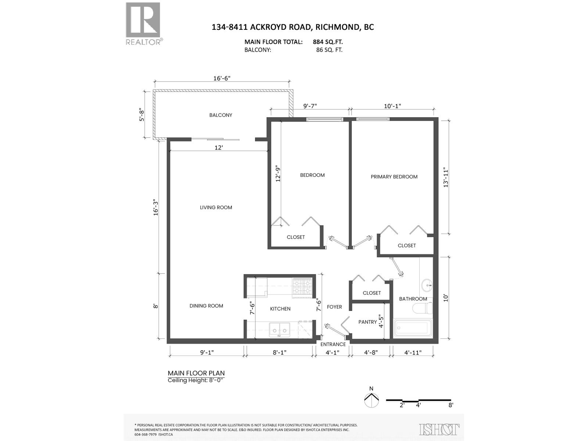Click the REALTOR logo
[x=143, y=23]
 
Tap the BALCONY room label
[x=220, y=115]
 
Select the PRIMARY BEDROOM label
[x=394, y=177]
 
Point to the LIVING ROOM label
[x=216, y=207]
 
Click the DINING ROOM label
[x=206, y=306]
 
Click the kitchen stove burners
[x=302, y=287]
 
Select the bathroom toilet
[x=423, y=308]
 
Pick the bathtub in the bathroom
[x=412, y=328]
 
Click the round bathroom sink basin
[x=427, y=284]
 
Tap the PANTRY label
[x=367, y=322]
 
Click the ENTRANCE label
[x=333, y=344]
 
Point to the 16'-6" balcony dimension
[x=222, y=78]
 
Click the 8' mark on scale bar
[x=451, y=405]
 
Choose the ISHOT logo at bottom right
[x=439, y=429]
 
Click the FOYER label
[x=334, y=307]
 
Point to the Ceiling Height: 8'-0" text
[x=196, y=380]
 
